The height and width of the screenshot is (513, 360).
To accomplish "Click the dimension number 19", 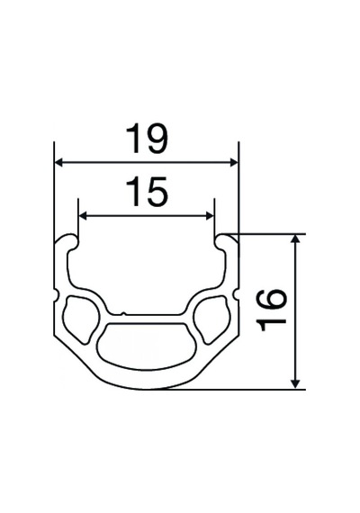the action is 148,139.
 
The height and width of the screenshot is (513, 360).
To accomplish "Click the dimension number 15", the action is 148,192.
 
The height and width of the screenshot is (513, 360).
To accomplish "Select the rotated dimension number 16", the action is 271,310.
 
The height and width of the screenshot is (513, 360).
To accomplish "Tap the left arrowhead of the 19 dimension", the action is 58,162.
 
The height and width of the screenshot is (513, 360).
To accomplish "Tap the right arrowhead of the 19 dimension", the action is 235,162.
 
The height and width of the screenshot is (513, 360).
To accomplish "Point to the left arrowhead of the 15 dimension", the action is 83,216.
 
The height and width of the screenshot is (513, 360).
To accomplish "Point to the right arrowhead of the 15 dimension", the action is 210,216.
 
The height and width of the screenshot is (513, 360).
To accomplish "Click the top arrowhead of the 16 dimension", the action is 295,238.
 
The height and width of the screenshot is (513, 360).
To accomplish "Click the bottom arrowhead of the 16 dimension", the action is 295,384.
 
